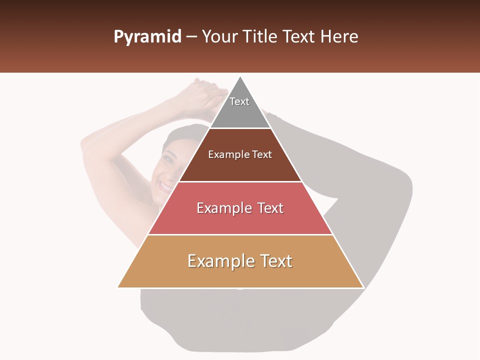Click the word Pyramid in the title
[x=147, y=37]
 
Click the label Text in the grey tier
[x=239, y=101]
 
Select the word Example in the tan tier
[x=218, y=261]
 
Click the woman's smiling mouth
[x=165, y=186]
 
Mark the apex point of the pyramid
[x=240, y=76]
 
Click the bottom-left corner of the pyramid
[x=118, y=287]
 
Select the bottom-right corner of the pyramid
[x=363, y=287]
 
